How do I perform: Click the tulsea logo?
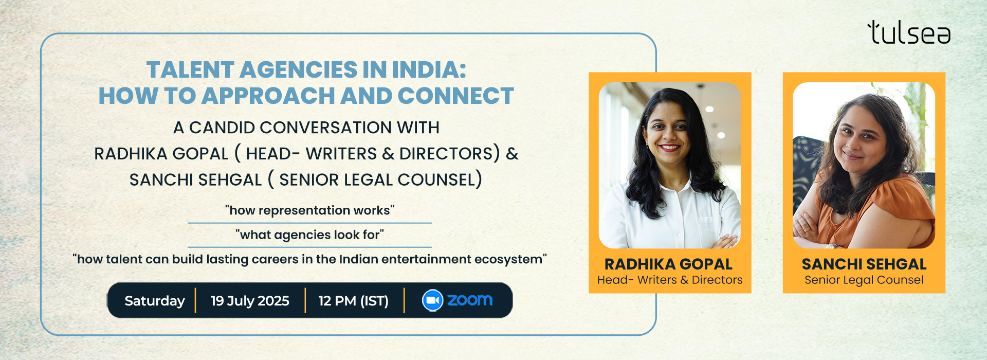909,32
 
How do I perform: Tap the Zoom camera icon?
432,300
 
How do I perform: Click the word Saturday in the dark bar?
155,301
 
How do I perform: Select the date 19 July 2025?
250,301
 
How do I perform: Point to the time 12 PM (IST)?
353,301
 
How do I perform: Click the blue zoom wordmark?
470,300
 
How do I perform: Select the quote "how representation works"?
309,210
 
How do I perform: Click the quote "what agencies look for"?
309,235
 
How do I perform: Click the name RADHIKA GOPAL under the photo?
668,264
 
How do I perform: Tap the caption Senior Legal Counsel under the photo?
864,280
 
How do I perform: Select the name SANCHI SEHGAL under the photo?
864,264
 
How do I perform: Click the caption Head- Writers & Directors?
670,280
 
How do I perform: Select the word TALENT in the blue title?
190,70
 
